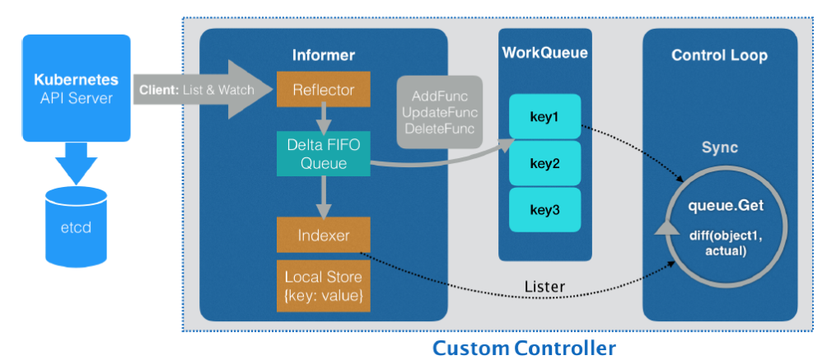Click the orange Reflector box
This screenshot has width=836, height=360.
pyautogui.click(x=324, y=89)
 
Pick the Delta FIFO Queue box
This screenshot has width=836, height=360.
pyautogui.click(x=324, y=154)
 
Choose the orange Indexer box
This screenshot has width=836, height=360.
pyautogui.click(x=324, y=235)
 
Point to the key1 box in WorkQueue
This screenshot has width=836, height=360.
pyautogui.click(x=544, y=117)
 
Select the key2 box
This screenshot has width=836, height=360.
pyautogui.click(x=544, y=163)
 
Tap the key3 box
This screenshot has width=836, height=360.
pyautogui.click(x=544, y=210)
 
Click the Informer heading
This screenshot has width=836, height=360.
pyautogui.click(x=324, y=56)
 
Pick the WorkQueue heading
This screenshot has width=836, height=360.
pyautogui.click(x=544, y=54)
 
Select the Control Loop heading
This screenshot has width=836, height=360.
pyautogui.click(x=719, y=56)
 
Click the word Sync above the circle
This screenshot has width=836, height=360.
pyautogui.click(x=719, y=148)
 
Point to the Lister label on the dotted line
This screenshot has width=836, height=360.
pyautogui.click(x=544, y=287)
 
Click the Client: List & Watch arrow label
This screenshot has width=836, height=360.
pyautogui.click(x=197, y=89)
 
